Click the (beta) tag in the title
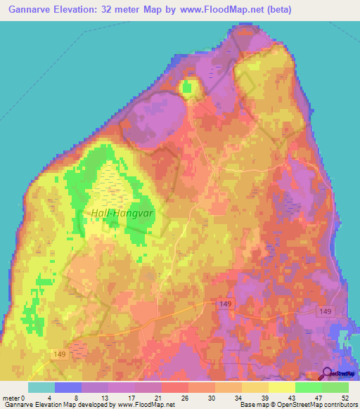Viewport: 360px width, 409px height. point(289,10)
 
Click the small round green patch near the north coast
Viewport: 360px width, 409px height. point(187,88)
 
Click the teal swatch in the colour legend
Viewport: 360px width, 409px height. point(41,387)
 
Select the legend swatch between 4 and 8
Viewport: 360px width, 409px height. point(68,387)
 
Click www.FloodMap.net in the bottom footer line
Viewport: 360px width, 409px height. point(145,404)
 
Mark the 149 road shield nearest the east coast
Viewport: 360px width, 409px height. point(325,311)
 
